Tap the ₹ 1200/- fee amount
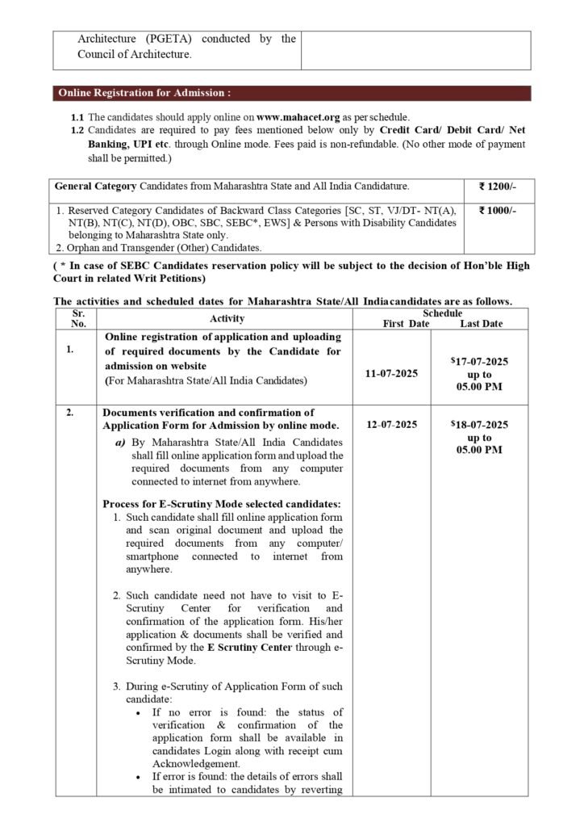click(498, 186)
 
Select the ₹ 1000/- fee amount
click(498, 211)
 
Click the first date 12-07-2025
click(390, 424)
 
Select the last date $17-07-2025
click(480, 363)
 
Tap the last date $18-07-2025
click(480, 424)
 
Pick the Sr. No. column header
click(78, 318)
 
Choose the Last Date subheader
click(481, 323)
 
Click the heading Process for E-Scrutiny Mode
click(222, 503)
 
